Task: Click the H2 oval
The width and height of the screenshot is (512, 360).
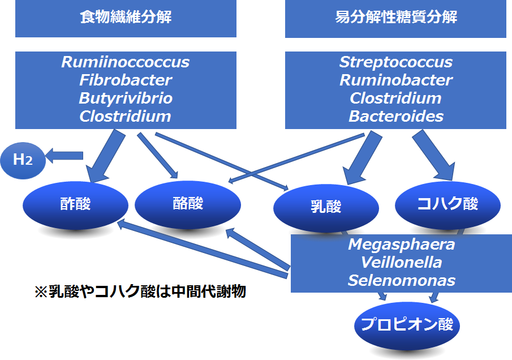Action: click(x=23, y=161)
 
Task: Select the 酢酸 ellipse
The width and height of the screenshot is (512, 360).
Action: click(x=75, y=205)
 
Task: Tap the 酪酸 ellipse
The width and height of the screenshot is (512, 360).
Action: click(x=188, y=204)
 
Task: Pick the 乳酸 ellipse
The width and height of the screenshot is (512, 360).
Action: click(x=326, y=208)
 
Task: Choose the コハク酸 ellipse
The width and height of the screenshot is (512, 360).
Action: click(x=448, y=205)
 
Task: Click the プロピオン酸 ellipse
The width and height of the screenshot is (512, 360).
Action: click(x=407, y=325)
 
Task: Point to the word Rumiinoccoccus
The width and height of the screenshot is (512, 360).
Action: click(x=126, y=62)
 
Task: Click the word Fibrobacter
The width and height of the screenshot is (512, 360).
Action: click(x=126, y=80)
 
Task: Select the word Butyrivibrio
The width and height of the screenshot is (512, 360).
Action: click(x=126, y=98)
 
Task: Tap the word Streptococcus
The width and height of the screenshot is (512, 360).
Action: click(x=396, y=62)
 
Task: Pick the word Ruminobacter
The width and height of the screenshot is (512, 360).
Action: click(x=396, y=80)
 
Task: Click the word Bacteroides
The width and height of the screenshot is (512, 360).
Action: click(x=396, y=116)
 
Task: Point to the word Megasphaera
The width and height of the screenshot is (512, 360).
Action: click(x=401, y=245)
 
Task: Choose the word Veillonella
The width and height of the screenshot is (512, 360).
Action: click(x=401, y=262)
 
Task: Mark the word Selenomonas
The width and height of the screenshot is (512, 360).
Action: click(x=401, y=280)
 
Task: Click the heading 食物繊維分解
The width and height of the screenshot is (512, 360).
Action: click(x=126, y=17)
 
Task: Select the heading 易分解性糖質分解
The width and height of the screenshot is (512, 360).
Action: click(x=396, y=17)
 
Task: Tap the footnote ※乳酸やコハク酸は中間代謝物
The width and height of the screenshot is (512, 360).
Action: click(x=140, y=292)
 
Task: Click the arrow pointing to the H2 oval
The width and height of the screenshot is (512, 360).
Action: click(x=64, y=156)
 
